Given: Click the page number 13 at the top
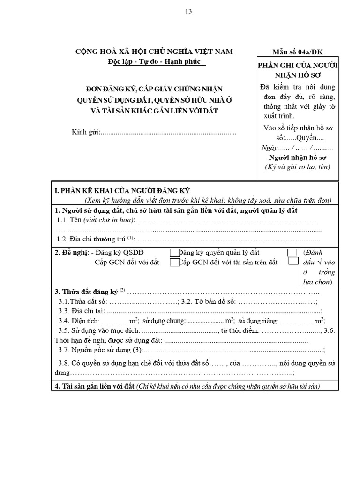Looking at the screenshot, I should (189, 11).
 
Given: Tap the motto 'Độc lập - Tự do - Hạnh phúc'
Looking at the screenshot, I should (154, 61).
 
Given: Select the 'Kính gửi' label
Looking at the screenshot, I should (86, 133).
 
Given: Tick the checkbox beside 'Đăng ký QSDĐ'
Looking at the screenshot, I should (174, 253).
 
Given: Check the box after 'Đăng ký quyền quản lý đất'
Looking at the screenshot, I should (292, 253).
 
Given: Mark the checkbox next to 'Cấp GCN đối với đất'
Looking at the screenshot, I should (174, 262).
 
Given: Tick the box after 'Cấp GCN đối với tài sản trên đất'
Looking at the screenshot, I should (293, 262).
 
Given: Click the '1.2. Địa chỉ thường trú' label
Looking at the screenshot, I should (92, 239).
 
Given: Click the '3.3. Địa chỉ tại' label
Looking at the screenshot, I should (82, 311).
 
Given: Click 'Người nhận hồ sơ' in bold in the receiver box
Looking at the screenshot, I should (297, 157).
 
